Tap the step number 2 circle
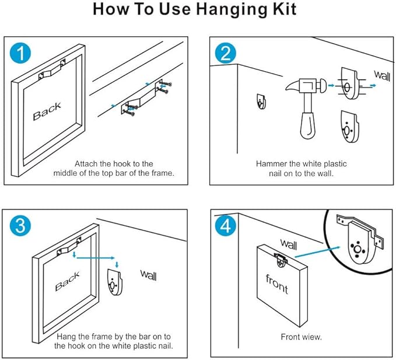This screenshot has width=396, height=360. (x=226, y=54)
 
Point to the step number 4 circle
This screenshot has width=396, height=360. (x=226, y=226)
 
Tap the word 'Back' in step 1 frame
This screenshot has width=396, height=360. (x=47, y=111)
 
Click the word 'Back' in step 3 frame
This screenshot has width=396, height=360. (x=67, y=282)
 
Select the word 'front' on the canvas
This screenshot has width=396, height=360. (x=277, y=283)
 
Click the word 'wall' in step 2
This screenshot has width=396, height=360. (x=382, y=76)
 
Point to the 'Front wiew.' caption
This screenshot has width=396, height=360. (x=301, y=337)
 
